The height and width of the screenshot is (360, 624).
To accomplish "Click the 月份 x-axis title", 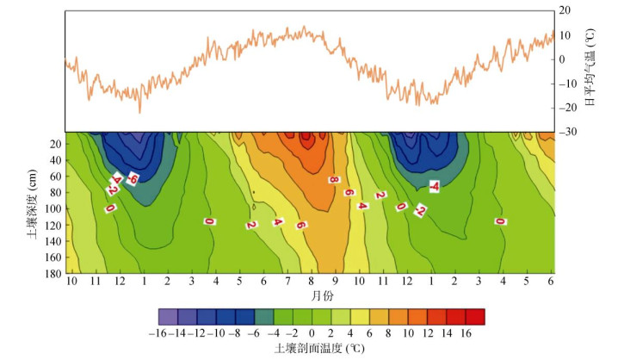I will pos(312,295).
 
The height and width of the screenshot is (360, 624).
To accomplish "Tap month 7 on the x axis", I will pos(287,282).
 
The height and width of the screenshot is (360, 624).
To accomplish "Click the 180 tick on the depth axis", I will pos(53,272).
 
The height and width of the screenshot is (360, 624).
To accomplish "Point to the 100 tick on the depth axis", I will pos(53,208).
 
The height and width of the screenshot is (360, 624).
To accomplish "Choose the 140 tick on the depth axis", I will pos(53,240).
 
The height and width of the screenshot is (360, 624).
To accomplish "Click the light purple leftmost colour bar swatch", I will pos(169,315).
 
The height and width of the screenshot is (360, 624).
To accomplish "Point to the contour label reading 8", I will pos(332,179).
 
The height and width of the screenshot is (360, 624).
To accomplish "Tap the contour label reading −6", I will pos(133,178).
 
